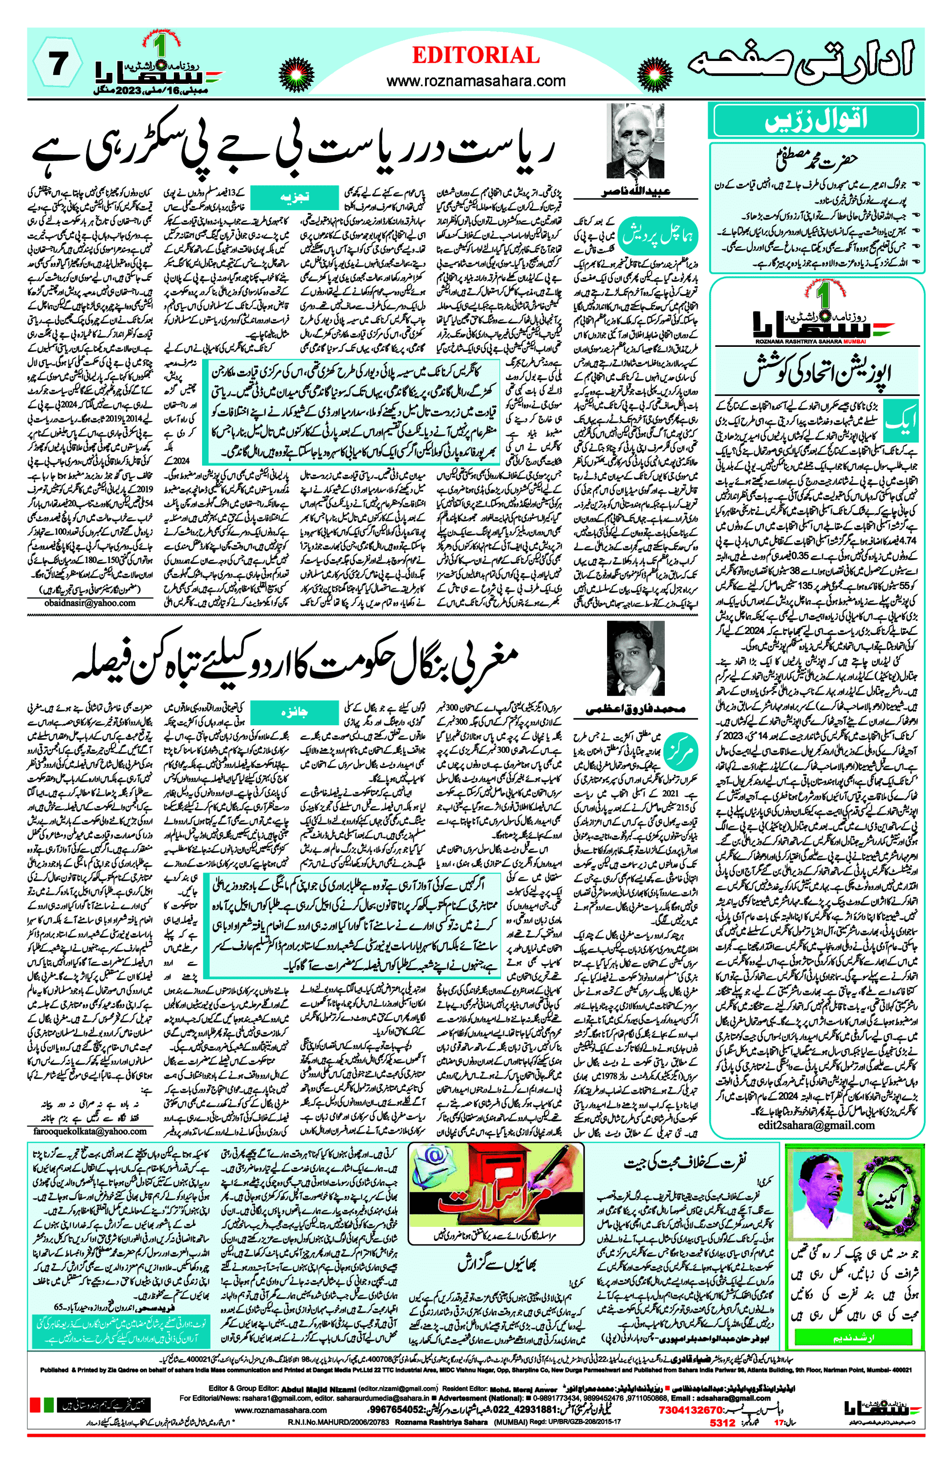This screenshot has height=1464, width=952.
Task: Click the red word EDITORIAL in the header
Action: [476, 56]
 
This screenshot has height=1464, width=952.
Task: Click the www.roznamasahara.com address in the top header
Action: [476, 81]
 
